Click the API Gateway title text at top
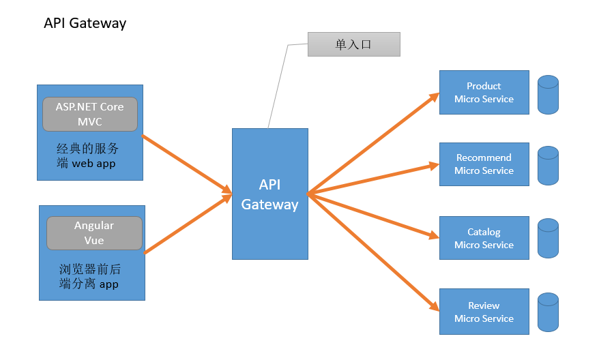[x=85, y=23]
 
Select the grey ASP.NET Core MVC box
[x=90, y=115]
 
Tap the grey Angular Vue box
[x=94, y=233]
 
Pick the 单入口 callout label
[x=353, y=44]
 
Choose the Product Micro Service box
[x=484, y=92]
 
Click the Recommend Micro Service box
[x=484, y=164]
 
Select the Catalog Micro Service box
[x=484, y=238]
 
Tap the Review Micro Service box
[x=484, y=312]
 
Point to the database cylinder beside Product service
[x=548, y=95]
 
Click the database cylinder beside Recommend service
[x=548, y=166]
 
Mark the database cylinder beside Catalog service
[x=548, y=238]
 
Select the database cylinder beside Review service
[x=548, y=312]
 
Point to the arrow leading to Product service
[x=373, y=144]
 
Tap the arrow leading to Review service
[x=373, y=252]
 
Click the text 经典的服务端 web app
[x=87, y=155]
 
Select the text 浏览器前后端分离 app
[x=89, y=276]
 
